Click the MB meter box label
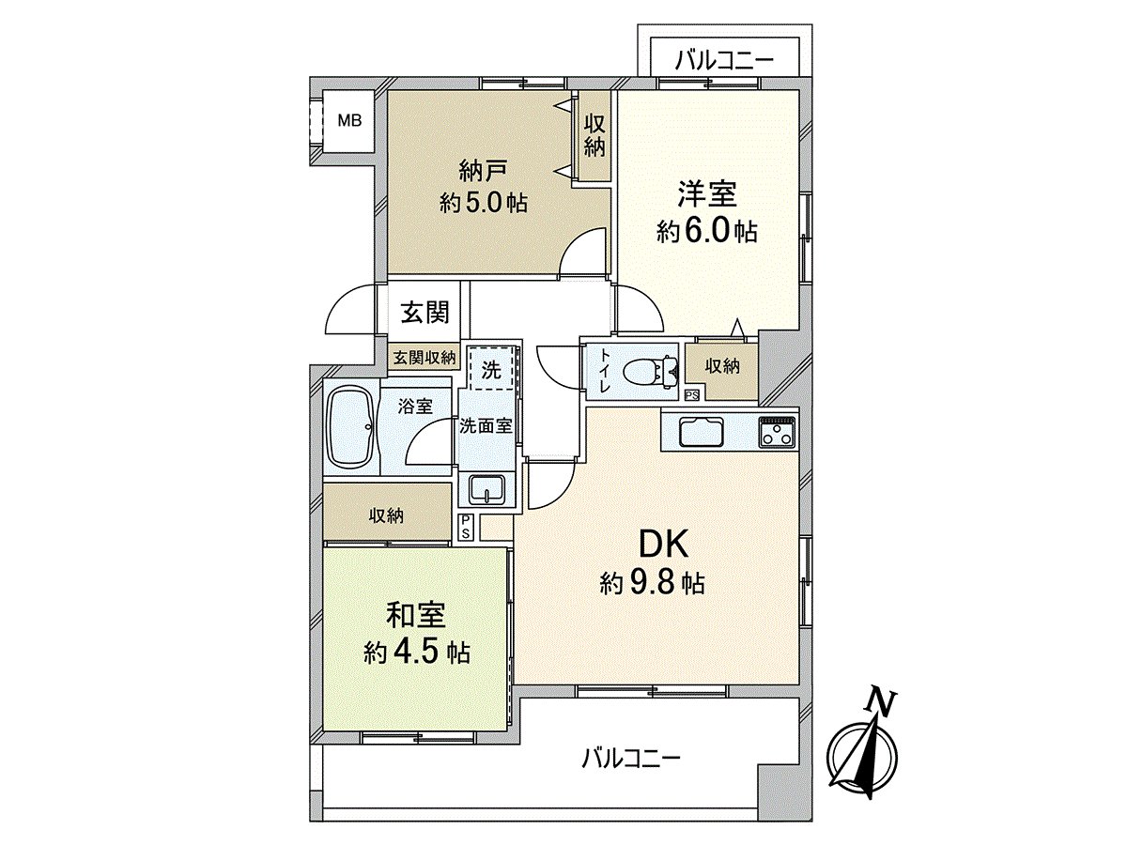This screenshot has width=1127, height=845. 349,120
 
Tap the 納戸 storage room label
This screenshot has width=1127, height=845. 483,171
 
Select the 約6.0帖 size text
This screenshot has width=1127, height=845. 707,232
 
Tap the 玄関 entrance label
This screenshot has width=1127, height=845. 425,313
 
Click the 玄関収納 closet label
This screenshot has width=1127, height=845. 425,358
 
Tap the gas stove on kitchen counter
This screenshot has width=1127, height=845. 778,433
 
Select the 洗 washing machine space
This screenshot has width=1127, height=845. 491,369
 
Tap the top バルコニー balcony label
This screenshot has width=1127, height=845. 724,61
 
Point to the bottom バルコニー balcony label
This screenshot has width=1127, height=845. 630,756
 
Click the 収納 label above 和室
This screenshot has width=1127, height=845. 386,515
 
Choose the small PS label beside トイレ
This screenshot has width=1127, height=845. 692,395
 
